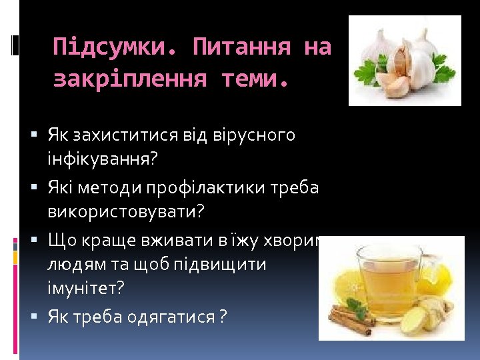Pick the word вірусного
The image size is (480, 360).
(253, 136)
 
